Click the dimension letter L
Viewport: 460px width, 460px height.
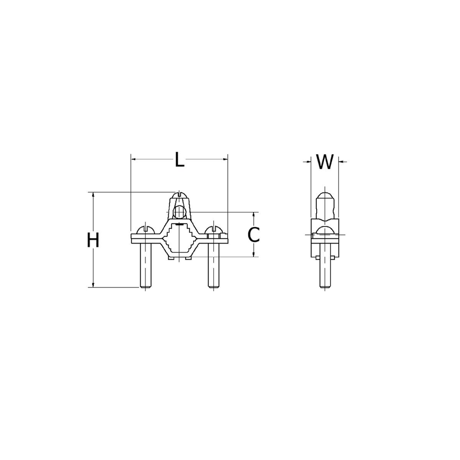pyautogui.click(x=180, y=159)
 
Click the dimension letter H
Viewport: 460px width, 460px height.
pyautogui.click(x=93, y=240)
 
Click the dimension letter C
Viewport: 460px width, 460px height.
pyautogui.click(x=254, y=234)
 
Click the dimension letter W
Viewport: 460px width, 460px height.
pyautogui.click(x=324, y=162)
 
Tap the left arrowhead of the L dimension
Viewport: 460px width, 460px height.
pyautogui.click(x=133, y=159)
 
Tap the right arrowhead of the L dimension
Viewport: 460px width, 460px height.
pyautogui.click(x=225, y=159)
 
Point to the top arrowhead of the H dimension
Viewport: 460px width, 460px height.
pyautogui.click(x=93, y=195)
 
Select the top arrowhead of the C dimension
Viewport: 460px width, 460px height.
pyautogui.click(x=254, y=214)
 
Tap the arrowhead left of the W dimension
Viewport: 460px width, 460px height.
pyautogui.click(x=308, y=161)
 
